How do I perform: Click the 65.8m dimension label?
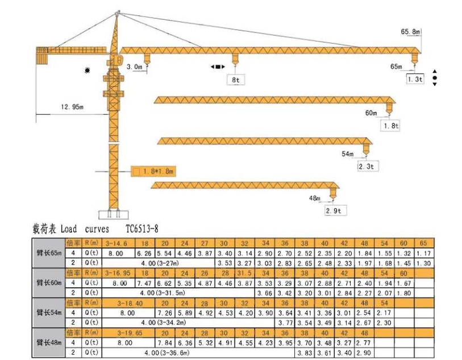pos(410,32)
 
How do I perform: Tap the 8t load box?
pos(235,80)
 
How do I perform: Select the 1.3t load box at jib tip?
pos(415,79)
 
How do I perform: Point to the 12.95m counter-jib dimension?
pos(72,107)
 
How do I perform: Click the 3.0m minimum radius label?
pos(135,67)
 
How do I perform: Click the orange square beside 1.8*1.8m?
pos(136,171)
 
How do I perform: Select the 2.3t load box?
pos(367,167)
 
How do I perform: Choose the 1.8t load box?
pos(392,125)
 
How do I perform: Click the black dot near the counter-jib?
pos(88,70)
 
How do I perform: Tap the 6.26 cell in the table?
pos(145,253)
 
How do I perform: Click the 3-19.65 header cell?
pos(127,333)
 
